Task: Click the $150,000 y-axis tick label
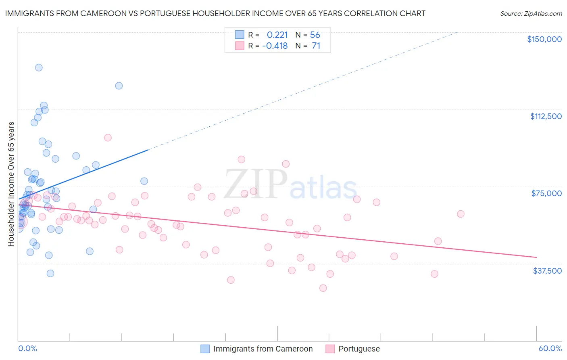(x=544, y=39)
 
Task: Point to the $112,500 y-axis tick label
(x=546, y=116)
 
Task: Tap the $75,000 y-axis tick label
(x=546, y=193)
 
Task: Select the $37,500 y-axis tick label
(x=547, y=271)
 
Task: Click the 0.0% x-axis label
(x=27, y=348)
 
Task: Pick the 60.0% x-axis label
(x=550, y=348)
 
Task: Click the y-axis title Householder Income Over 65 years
(x=11, y=184)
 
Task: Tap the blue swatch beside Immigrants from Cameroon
(x=205, y=349)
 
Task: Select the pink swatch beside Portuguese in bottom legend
(x=330, y=349)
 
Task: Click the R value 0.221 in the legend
(x=277, y=35)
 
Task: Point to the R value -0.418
(x=275, y=46)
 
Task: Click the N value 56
(x=315, y=35)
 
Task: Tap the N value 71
(x=316, y=46)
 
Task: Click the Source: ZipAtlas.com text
(x=531, y=14)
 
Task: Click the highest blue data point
(x=39, y=67)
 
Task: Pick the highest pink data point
(x=108, y=138)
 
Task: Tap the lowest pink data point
(x=323, y=288)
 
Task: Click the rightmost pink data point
(x=461, y=214)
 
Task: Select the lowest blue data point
(x=50, y=273)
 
